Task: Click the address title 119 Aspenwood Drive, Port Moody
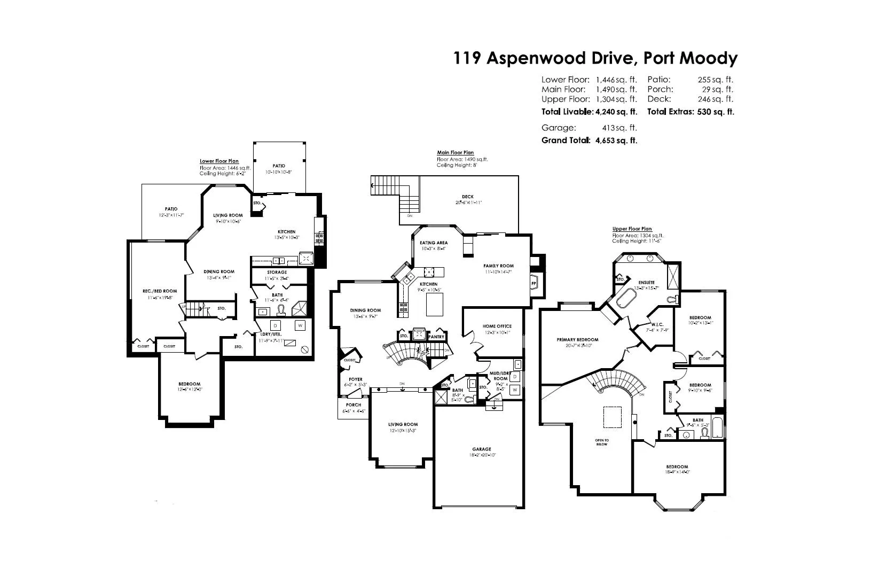[x=595, y=58]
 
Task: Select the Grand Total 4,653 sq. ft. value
[x=616, y=141]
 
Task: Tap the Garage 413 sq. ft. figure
[x=619, y=128]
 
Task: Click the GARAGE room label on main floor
[x=481, y=449]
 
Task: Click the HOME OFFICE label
[x=497, y=326]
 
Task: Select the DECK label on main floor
[x=468, y=197]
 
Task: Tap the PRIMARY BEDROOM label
[x=577, y=340]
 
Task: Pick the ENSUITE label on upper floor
[x=646, y=283]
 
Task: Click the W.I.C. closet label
[x=657, y=324]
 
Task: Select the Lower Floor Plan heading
[x=219, y=161]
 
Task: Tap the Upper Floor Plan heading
[x=632, y=229]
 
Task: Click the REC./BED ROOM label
[x=160, y=291]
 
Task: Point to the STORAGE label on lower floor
[x=277, y=272]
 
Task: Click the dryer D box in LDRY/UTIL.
[x=275, y=325]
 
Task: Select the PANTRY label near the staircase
[x=436, y=337]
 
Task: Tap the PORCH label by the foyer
[x=354, y=405]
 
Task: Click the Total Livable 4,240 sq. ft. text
[x=589, y=112]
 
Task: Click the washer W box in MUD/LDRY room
[x=514, y=390]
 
